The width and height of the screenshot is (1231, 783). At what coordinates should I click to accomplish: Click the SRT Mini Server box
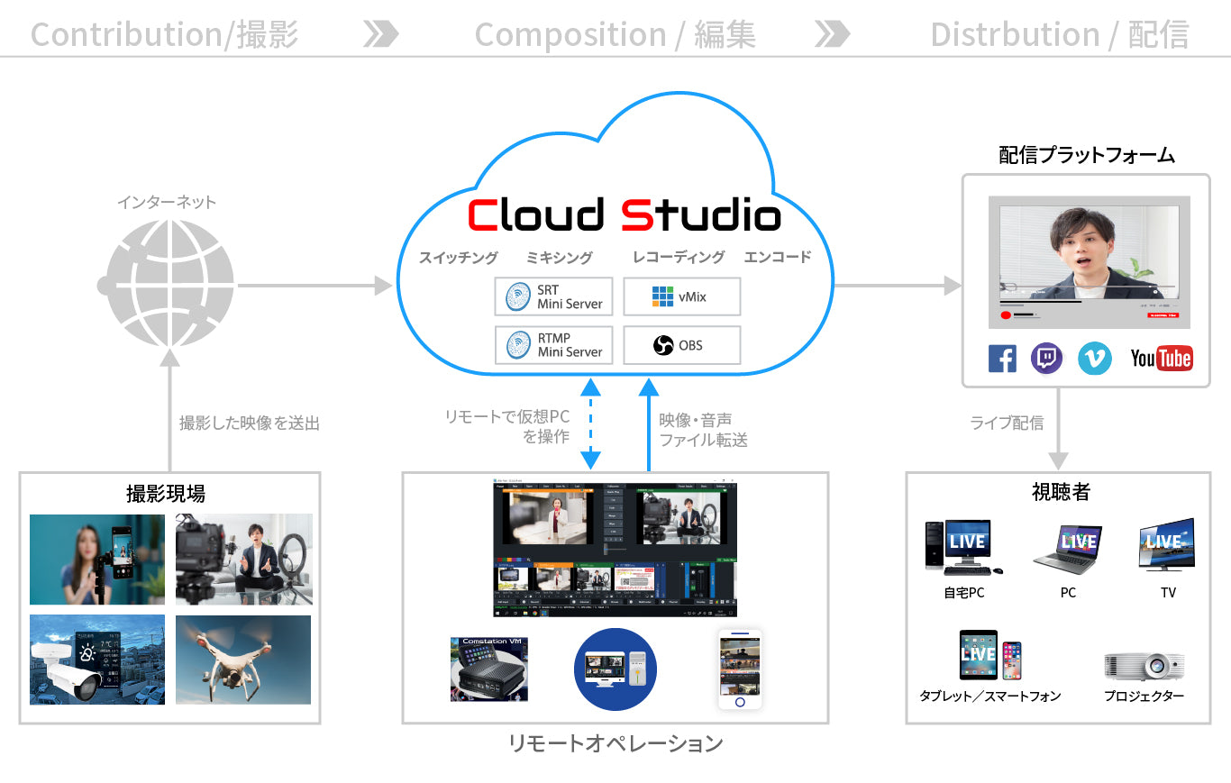tap(553, 296)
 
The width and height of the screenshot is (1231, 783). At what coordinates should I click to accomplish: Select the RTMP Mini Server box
tap(553, 345)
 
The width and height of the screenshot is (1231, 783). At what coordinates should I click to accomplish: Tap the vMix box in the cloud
tap(681, 296)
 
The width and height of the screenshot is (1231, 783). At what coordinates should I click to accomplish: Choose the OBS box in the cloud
tap(681, 345)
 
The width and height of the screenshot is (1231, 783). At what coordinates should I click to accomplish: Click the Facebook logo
tap(1002, 359)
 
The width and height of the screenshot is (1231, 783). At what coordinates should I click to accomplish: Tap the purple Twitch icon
tap(1046, 359)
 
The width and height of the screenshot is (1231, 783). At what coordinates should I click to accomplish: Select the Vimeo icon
tap(1095, 359)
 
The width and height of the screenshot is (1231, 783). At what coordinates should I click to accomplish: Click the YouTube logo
tap(1162, 359)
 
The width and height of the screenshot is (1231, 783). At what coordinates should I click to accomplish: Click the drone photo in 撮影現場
tap(243, 660)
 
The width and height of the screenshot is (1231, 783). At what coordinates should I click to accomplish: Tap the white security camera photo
tap(97, 660)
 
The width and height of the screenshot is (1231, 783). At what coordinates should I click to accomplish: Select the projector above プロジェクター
tap(1144, 666)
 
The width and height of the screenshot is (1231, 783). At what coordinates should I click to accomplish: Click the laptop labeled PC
tap(1068, 548)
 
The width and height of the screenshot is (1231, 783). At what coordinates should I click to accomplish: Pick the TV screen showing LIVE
tap(1167, 544)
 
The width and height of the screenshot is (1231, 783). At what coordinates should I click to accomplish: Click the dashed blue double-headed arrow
tap(590, 424)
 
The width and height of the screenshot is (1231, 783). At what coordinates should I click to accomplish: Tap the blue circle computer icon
tap(615, 669)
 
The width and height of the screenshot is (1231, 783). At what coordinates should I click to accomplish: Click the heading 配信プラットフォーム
tap(1087, 155)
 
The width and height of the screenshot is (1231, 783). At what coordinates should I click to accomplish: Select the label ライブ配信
tap(1007, 422)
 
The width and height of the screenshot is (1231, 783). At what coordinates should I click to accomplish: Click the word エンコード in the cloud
tap(778, 257)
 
